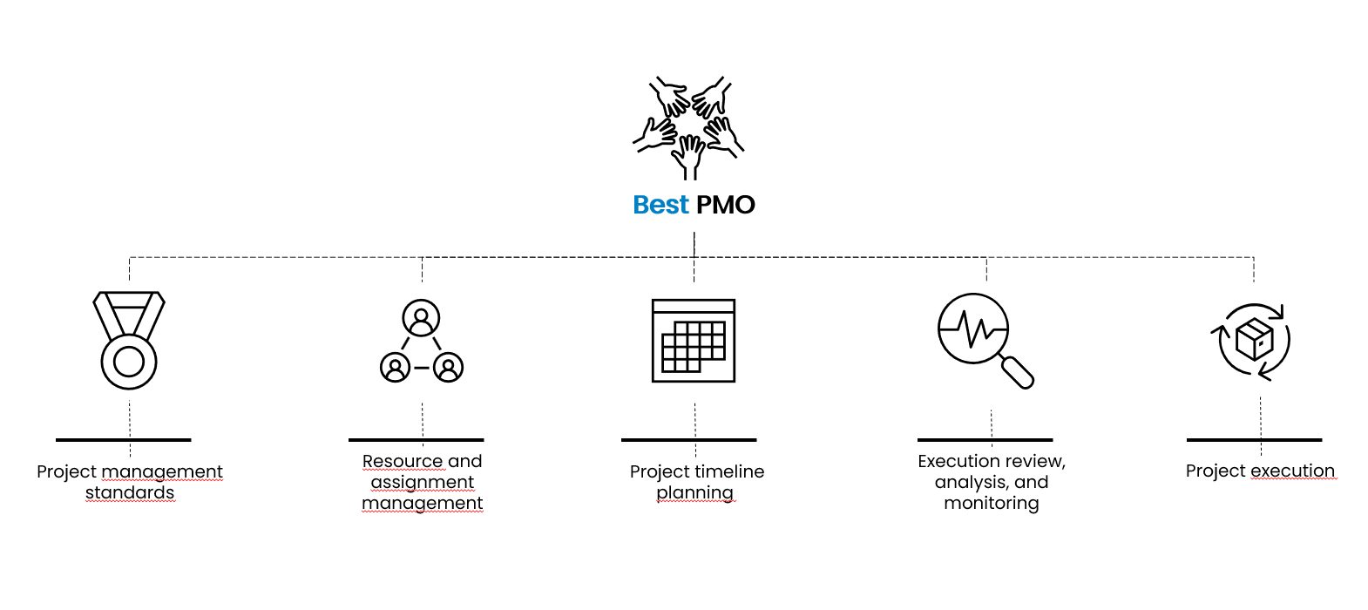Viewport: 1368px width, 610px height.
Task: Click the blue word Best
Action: (660, 205)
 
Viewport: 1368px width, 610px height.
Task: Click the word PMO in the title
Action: (726, 205)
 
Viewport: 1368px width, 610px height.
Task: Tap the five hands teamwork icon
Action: (688, 127)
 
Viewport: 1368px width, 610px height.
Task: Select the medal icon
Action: (129, 340)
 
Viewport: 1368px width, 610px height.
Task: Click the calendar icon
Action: (694, 341)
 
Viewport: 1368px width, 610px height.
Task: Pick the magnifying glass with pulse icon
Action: (985, 341)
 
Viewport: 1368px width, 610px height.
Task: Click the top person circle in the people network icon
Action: (421, 317)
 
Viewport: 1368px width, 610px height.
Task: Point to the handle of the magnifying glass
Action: (1017, 371)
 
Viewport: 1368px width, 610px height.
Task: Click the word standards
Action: (130, 492)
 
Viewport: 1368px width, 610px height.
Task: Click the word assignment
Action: (422, 483)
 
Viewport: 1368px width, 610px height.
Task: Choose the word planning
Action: (695, 492)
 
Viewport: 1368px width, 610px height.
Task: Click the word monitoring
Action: (992, 503)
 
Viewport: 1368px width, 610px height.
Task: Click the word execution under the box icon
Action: (1292, 471)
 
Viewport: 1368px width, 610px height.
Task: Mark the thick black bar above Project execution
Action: (1255, 440)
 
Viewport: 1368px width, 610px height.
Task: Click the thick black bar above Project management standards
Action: (124, 440)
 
